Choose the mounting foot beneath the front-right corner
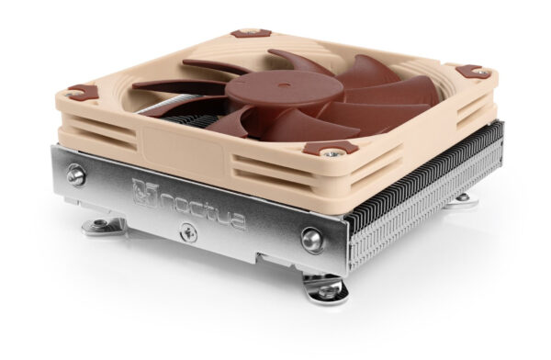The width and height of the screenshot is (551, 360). coord(329,292)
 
